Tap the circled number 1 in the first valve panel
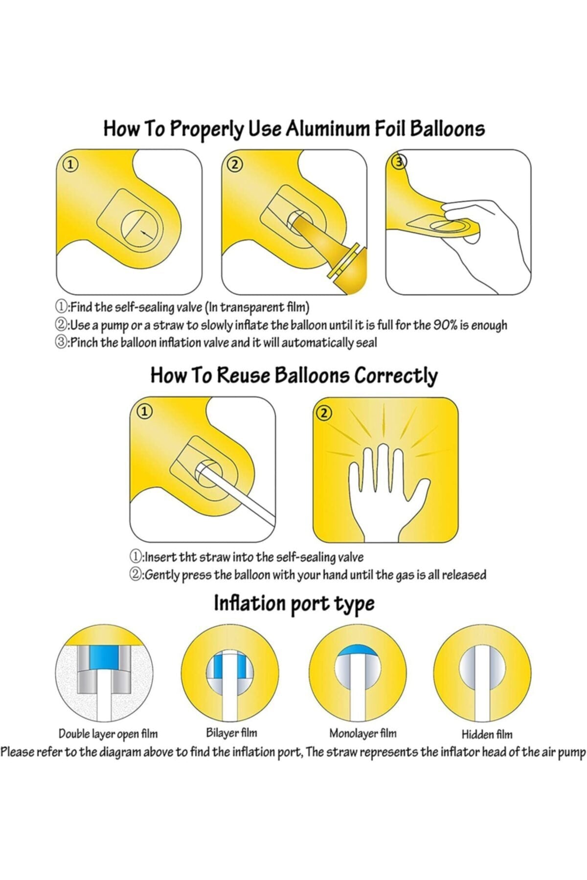click(71, 165)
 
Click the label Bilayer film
click(231, 733)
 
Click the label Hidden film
click(487, 734)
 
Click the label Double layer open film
click(108, 734)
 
